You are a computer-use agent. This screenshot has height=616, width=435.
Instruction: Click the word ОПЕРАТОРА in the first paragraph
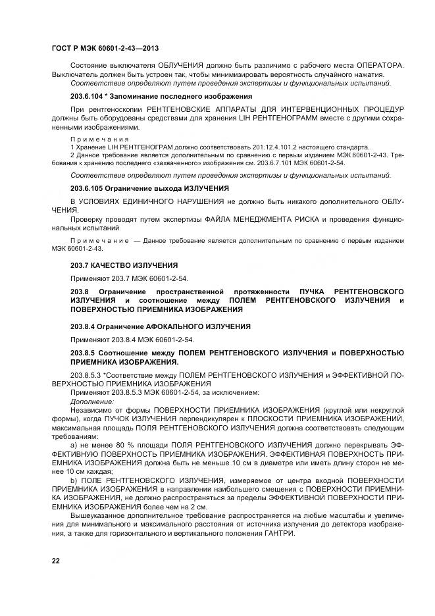click(376, 66)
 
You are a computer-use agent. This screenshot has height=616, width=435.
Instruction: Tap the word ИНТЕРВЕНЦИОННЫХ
click(290, 109)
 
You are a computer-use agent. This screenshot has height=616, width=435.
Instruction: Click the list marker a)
click(74, 444)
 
